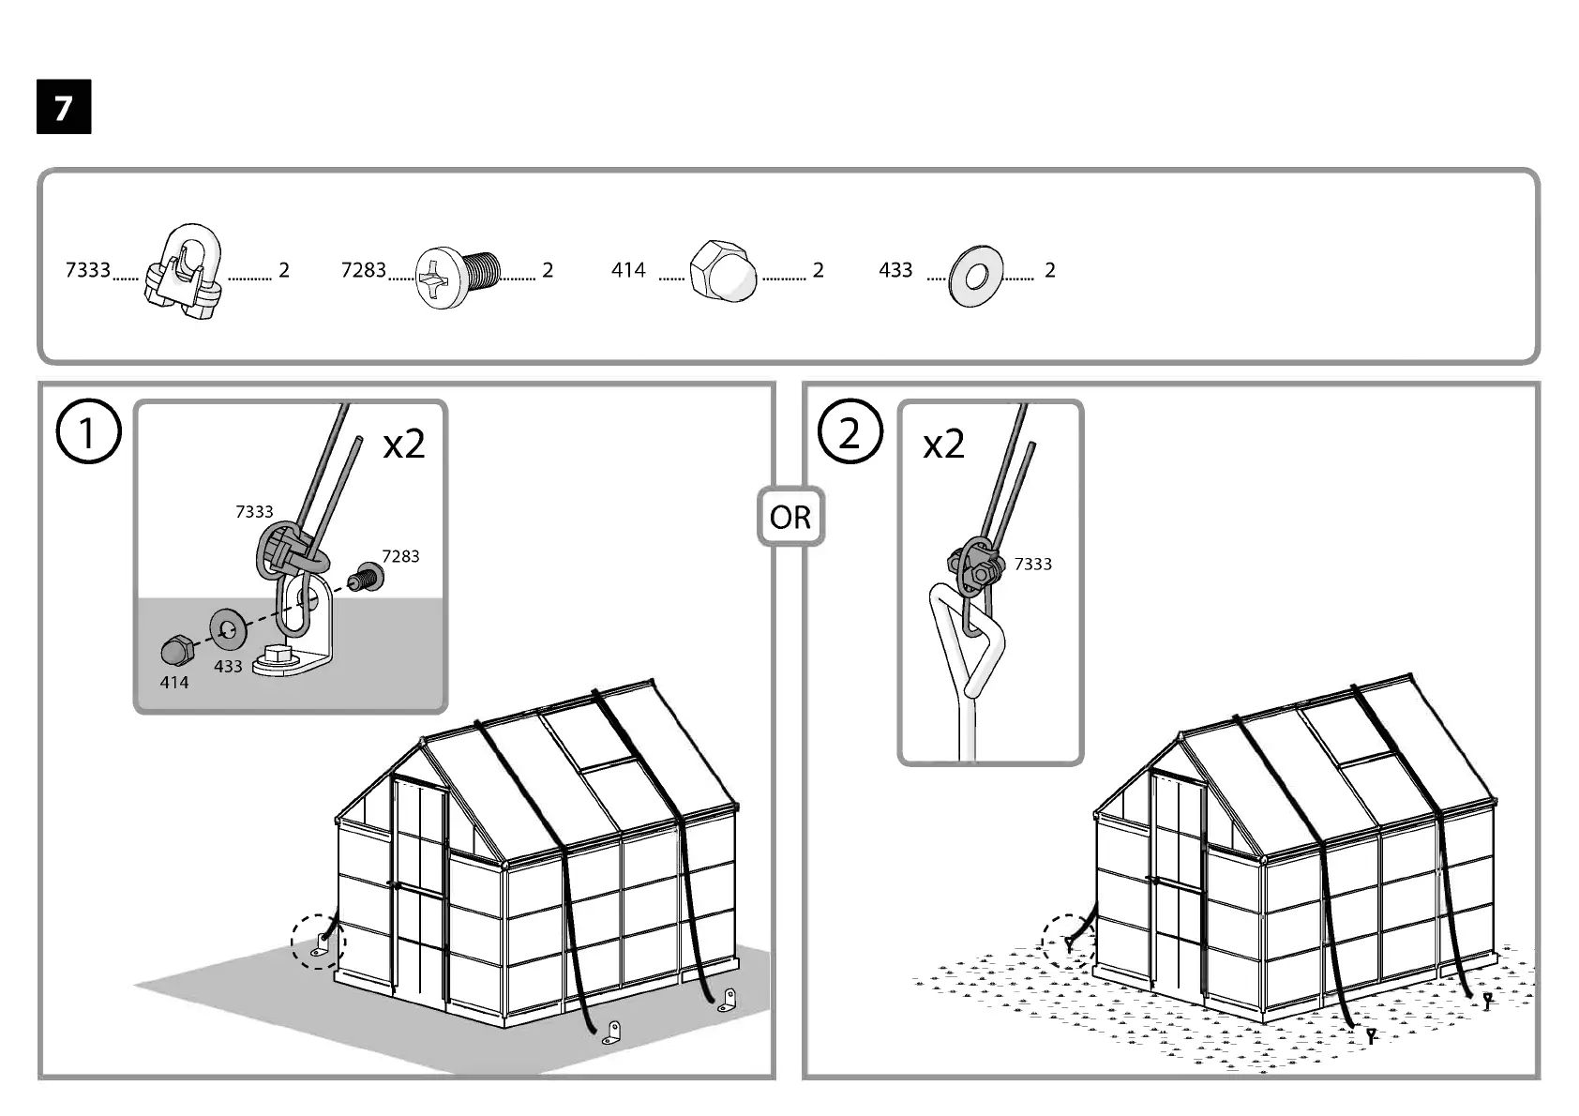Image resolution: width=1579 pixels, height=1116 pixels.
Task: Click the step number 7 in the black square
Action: (x=64, y=108)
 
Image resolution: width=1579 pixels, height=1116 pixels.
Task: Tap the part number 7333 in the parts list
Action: (x=87, y=270)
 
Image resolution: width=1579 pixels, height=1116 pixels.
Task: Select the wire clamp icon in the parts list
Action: (x=184, y=271)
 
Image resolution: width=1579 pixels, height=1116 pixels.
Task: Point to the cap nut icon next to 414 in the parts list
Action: (x=722, y=270)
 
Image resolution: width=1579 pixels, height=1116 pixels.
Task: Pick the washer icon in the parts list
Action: (x=975, y=276)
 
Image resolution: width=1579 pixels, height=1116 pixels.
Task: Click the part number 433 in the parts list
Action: (x=895, y=270)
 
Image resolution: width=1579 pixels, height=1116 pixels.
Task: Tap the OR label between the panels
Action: (x=790, y=517)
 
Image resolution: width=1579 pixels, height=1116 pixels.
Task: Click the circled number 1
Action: (x=88, y=432)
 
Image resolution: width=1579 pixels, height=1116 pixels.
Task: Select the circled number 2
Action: (x=850, y=432)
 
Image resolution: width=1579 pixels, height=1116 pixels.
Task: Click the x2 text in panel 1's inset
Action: (x=404, y=444)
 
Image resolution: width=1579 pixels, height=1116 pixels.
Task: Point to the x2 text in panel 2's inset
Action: (x=943, y=444)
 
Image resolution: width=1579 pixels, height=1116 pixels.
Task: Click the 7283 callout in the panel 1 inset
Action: (x=400, y=556)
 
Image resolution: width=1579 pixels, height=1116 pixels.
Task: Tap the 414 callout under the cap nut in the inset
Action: (x=173, y=683)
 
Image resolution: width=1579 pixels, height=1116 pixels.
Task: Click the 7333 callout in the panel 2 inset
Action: (x=1032, y=564)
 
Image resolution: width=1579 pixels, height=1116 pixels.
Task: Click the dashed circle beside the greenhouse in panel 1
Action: (x=318, y=941)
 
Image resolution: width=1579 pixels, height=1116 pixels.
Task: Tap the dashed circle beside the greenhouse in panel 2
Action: (x=1069, y=942)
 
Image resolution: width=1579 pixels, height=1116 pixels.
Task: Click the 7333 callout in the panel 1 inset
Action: (x=254, y=511)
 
